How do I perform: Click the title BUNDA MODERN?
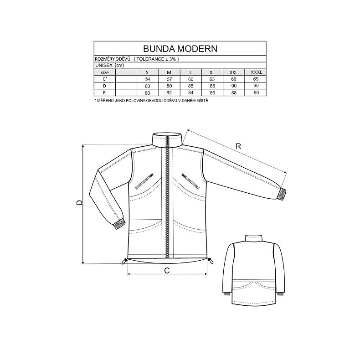(180, 48)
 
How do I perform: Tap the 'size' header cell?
(104, 72)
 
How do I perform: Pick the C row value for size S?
(147, 78)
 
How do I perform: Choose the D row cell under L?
(190, 85)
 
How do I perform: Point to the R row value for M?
(169, 92)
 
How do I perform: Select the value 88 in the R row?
(233, 92)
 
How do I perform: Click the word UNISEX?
(103, 65)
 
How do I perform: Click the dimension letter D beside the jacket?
(78, 203)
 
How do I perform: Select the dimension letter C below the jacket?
(167, 270)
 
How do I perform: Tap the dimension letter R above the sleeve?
(238, 146)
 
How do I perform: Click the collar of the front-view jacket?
(167, 139)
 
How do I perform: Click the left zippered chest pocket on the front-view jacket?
(144, 181)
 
